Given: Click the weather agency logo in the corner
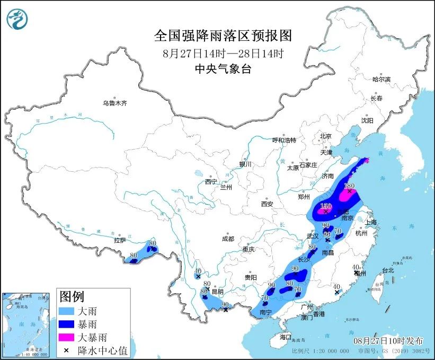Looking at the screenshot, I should pyautogui.click(x=17, y=20).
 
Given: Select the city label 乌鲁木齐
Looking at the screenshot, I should pyautogui.click(x=115, y=103).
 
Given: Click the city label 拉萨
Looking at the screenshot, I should pyautogui.click(x=119, y=240).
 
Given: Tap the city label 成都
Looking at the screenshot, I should pyautogui.click(x=228, y=239).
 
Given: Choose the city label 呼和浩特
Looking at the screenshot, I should pyautogui.click(x=284, y=140).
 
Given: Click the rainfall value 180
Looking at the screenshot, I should pyautogui.click(x=349, y=186).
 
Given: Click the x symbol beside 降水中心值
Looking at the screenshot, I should pyautogui.click(x=66, y=349).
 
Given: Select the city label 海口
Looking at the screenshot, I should pyautogui.click(x=286, y=337).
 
